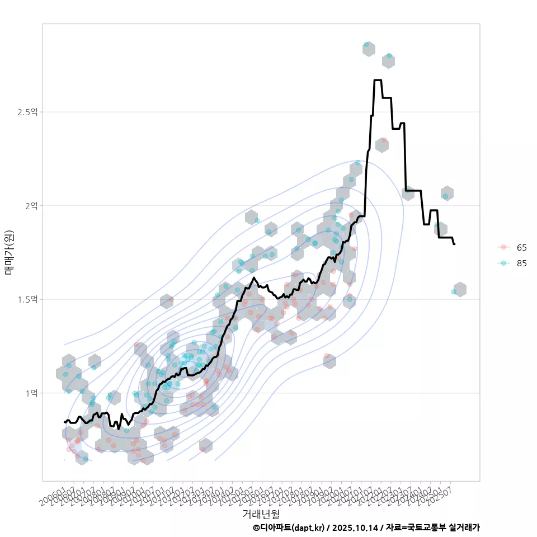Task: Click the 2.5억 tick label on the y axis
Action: point(27,112)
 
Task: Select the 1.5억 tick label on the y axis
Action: point(27,299)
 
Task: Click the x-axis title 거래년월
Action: point(261,514)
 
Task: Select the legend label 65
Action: point(522,247)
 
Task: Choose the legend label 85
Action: point(522,263)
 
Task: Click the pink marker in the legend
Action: point(503,247)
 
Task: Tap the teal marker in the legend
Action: point(503,263)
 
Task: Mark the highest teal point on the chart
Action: point(366,44)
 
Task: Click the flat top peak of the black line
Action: point(378,81)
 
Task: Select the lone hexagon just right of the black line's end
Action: point(460,289)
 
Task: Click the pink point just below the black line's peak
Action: point(384,140)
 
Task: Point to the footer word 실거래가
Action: point(464,527)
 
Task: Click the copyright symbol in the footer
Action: point(256,527)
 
